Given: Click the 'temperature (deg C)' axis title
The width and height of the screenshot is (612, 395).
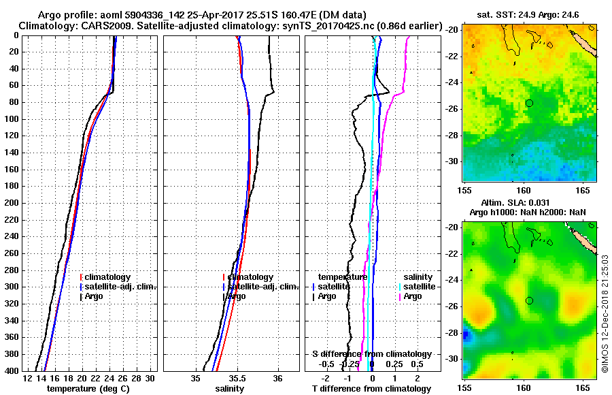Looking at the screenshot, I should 88,388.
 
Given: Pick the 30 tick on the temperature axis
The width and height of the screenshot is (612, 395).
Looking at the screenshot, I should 150,378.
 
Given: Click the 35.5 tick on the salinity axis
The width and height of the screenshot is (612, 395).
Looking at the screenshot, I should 237,378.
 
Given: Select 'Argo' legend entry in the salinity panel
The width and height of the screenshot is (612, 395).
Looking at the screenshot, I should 237,296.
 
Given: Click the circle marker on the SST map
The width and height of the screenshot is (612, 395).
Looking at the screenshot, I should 529,103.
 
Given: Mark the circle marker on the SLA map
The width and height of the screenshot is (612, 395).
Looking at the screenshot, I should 529,300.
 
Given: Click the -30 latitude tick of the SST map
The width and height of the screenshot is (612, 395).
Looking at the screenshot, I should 452,161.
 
